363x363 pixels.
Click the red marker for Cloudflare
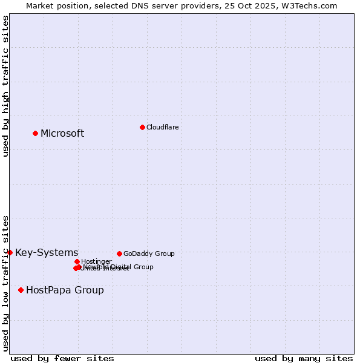click(x=142, y=127)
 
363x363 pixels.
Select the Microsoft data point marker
click(x=36, y=133)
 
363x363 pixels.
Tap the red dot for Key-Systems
click(x=10, y=252)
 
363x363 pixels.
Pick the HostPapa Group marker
click(x=21, y=290)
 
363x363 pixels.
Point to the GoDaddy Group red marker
click(x=119, y=253)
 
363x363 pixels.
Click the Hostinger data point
click(x=77, y=261)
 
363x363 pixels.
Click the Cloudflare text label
click(x=162, y=127)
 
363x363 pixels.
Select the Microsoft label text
click(x=62, y=134)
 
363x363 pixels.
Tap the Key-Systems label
click(x=47, y=253)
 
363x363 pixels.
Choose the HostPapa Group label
click(x=65, y=290)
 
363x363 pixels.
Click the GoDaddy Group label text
click(x=149, y=253)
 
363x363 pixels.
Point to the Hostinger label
click(x=96, y=261)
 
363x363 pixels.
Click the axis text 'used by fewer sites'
click(x=62, y=358)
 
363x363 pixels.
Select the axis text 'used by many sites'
click(x=304, y=358)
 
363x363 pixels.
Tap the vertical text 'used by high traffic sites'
click(x=5, y=86)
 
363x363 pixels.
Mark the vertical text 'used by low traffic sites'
click(x=5, y=283)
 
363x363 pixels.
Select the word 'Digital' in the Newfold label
click(x=121, y=267)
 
